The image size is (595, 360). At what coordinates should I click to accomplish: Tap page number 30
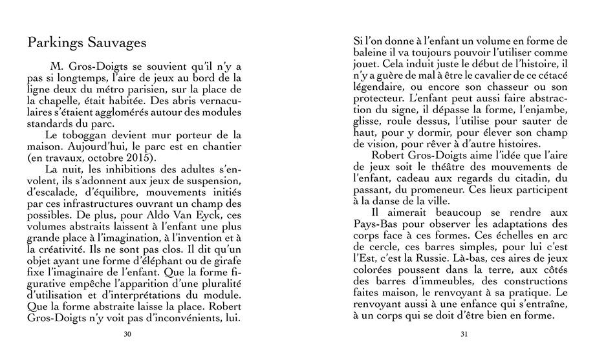pyautogui.click(x=127, y=334)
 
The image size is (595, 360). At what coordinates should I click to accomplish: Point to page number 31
pyautogui.click(x=463, y=334)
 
